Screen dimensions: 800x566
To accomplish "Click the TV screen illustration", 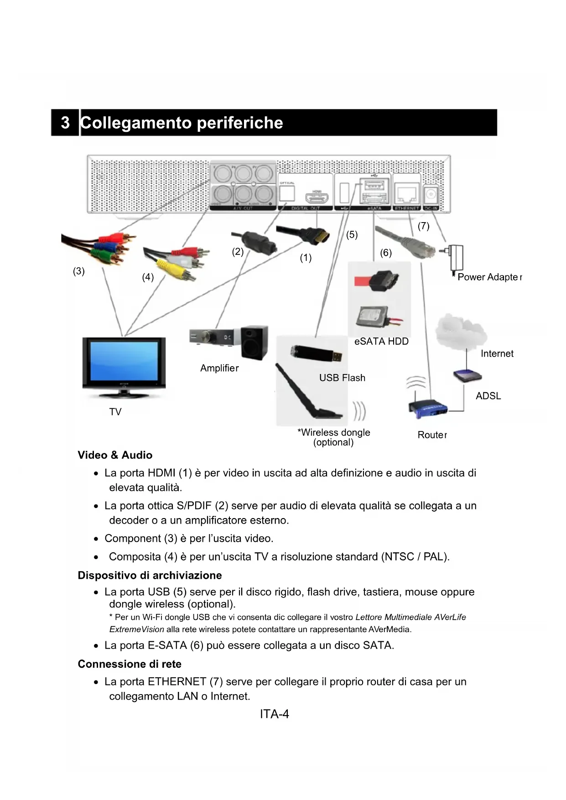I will pyautogui.click(x=124, y=360).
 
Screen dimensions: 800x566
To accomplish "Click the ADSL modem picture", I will pyautogui.click(x=467, y=376).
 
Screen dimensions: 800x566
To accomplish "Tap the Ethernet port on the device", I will pyautogui.click(x=407, y=195).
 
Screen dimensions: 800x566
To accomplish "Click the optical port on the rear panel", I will pyautogui.click(x=286, y=195).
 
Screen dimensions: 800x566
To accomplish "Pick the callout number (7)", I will pyautogui.click(x=423, y=226).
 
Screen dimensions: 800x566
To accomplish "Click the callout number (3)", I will pyautogui.click(x=79, y=271).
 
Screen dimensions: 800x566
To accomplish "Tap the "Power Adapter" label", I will pyautogui.click(x=489, y=277).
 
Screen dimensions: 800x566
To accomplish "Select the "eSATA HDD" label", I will pyautogui.click(x=381, y=341).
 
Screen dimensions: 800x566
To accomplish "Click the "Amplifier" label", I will pyautogui.click(x=219, y=368).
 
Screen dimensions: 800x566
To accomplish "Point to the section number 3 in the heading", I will pyautogui.click(x=65, y=123).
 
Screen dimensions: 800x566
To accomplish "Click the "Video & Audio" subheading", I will pyautogui.click(x=115, y=455).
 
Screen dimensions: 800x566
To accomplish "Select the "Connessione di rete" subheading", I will pyautogui.click(x=130, y=664).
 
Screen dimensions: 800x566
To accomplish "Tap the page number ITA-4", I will pyautogui.click(x=275, y=714).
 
